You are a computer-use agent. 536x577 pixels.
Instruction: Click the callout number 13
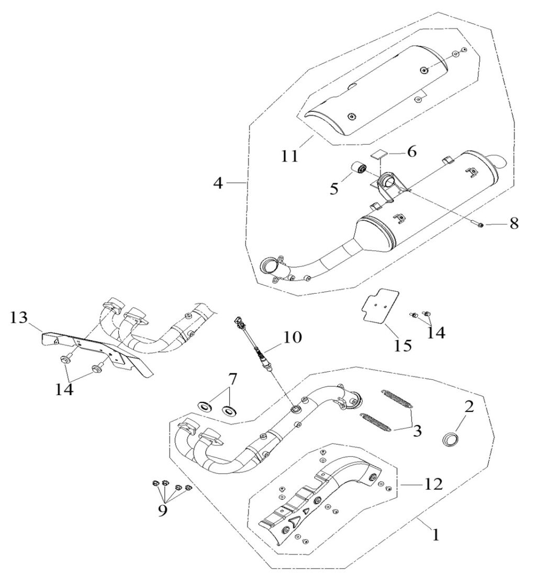pyautogui.click(x=19, y=317)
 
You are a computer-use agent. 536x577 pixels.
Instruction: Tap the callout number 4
pyautogui.click(x=219, y=183)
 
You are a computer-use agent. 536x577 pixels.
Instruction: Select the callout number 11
pyautogui.click(x=290, y=156)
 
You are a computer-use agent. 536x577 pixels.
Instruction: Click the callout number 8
pyautogui.click(x=514, y=223)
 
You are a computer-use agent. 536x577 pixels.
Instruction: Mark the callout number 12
pyautogui.click(x=433, y=484)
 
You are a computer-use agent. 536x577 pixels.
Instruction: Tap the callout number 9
pyautogui.click(x=163, y=511)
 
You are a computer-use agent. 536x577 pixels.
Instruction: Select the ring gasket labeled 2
pyautogui.click(x=451, y=440)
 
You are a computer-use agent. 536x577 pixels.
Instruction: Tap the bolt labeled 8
pyautogui.click(x=478, y=225)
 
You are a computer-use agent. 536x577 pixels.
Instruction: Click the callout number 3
pyautogui.click(x=417, y=431)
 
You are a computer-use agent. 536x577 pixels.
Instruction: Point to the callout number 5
pyautogui.click(x=334, y=189)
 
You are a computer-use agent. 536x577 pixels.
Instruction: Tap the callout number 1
pyautogui.click(x=436, y=534)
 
